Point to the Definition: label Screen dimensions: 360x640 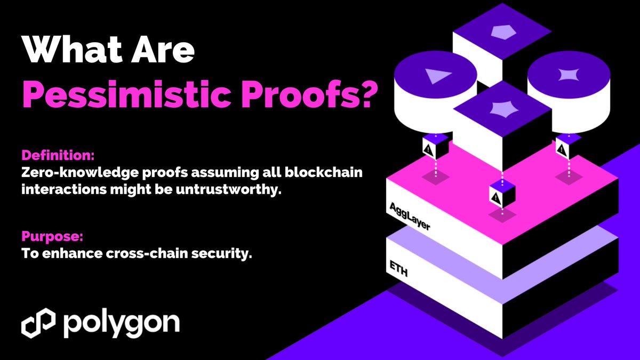pos(58,156)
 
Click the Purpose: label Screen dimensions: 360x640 pos(52,235)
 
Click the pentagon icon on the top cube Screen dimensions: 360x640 pos(502,33)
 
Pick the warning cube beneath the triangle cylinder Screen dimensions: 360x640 pos(430,148)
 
